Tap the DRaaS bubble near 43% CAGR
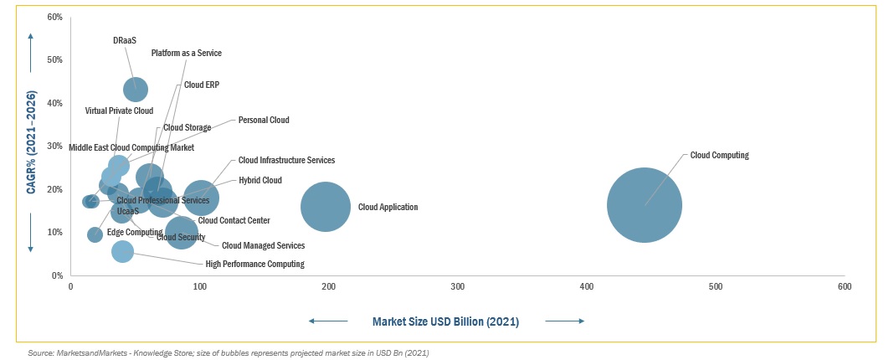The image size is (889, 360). pos(136,89)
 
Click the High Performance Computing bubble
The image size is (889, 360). pos(122,250)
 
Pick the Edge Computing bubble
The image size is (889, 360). pos(95,234)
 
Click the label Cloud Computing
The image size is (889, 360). pos(719,155)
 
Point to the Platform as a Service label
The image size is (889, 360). pos(186,53)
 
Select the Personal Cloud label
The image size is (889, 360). pos(264,120)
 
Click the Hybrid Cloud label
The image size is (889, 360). pos(260,180)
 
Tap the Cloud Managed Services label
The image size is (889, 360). pos(263,245)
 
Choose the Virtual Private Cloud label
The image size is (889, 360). pos(119,111)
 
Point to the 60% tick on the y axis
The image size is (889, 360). pos(55,17)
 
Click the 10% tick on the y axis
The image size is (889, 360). pos(55,232)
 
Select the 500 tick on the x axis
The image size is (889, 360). pos(716,287)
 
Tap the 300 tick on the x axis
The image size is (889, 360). pos(458,287)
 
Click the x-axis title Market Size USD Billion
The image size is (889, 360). pos(445,321)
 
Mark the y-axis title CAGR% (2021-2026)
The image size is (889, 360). pos(31,142)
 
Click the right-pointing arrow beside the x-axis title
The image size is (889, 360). pos(564,321)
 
